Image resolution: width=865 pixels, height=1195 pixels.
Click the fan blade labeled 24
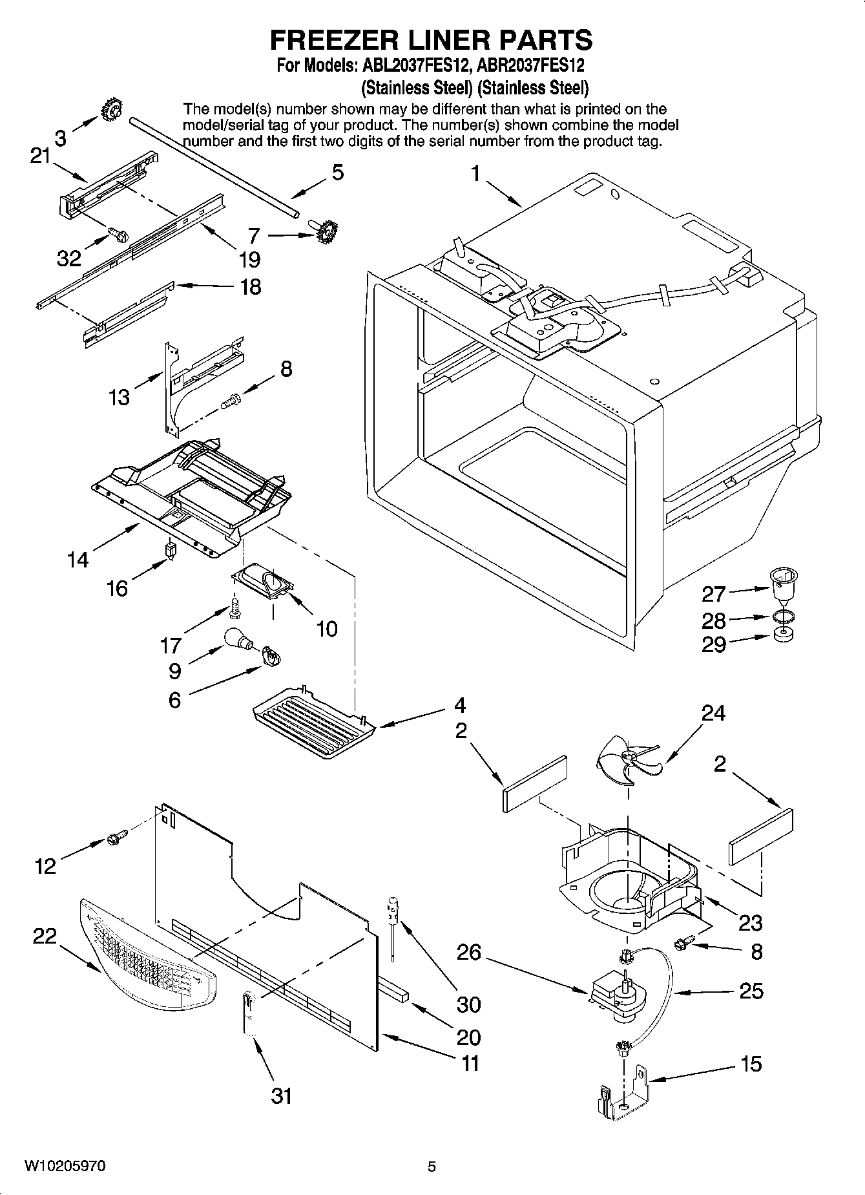click(625, 762)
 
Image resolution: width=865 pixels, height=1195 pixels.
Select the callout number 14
click(78, 559)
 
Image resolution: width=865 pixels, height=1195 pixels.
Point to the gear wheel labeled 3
click(112, 112)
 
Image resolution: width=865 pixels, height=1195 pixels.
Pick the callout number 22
click(45, 936)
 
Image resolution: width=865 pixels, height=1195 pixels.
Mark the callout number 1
click(476, 174)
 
